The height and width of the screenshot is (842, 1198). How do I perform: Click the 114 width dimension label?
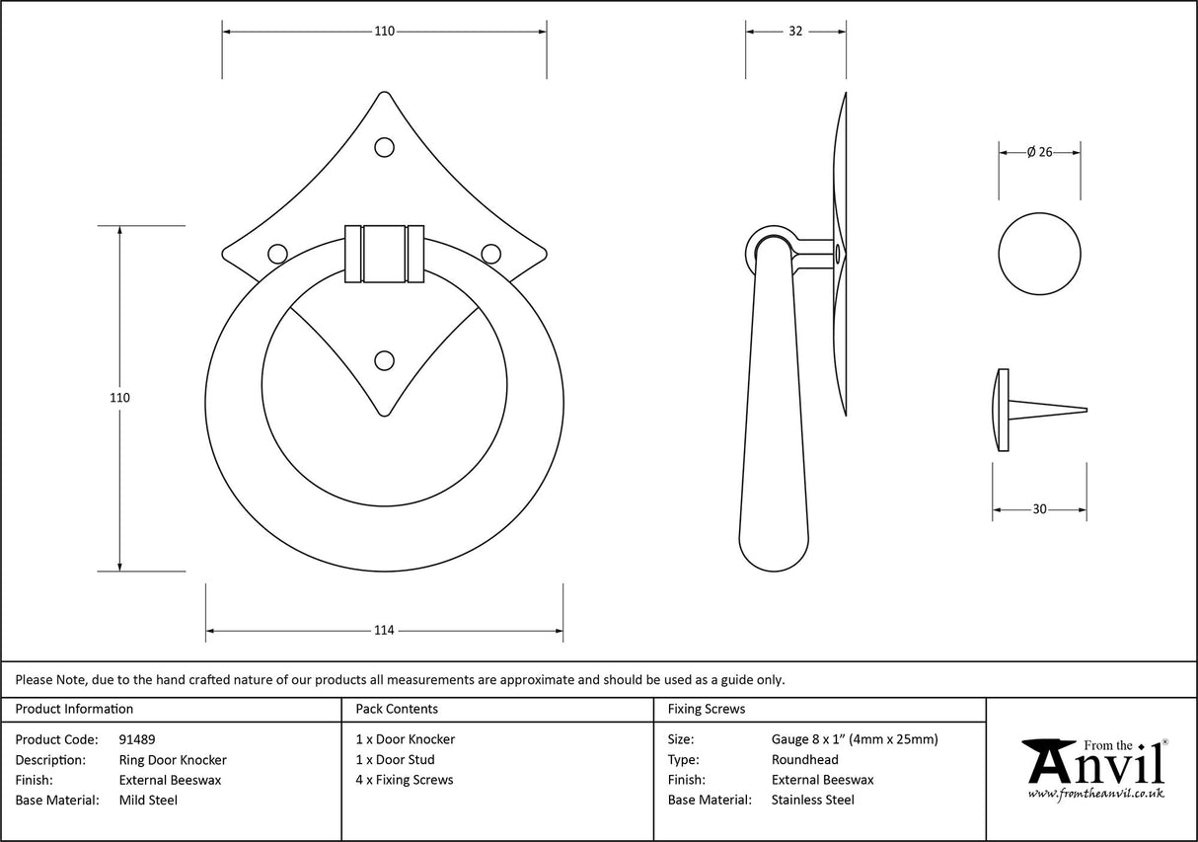384,631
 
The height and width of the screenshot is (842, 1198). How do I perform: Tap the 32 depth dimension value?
795,32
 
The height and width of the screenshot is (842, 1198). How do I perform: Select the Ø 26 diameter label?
1039,152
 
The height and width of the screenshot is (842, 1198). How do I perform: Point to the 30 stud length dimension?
1039,509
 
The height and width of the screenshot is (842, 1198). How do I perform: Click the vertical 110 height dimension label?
119,398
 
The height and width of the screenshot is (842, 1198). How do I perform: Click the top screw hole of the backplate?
384,147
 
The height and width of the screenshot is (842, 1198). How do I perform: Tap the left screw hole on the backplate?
278,254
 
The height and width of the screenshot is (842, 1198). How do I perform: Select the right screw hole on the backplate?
490,253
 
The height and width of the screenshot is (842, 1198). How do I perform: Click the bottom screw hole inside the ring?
384,360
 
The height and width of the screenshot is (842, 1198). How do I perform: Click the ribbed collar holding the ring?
384,254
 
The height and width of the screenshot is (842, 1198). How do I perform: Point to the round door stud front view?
1039,252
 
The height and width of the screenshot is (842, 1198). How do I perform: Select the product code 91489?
136,739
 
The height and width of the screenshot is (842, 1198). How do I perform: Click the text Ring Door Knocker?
172,760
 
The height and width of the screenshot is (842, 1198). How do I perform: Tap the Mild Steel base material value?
148,801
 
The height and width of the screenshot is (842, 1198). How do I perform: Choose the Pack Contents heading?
397,709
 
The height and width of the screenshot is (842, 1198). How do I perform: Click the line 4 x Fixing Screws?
405,780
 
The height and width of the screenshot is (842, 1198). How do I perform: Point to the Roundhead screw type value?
804,760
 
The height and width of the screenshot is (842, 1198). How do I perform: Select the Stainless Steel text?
812,801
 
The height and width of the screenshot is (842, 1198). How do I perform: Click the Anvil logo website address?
1095,793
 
